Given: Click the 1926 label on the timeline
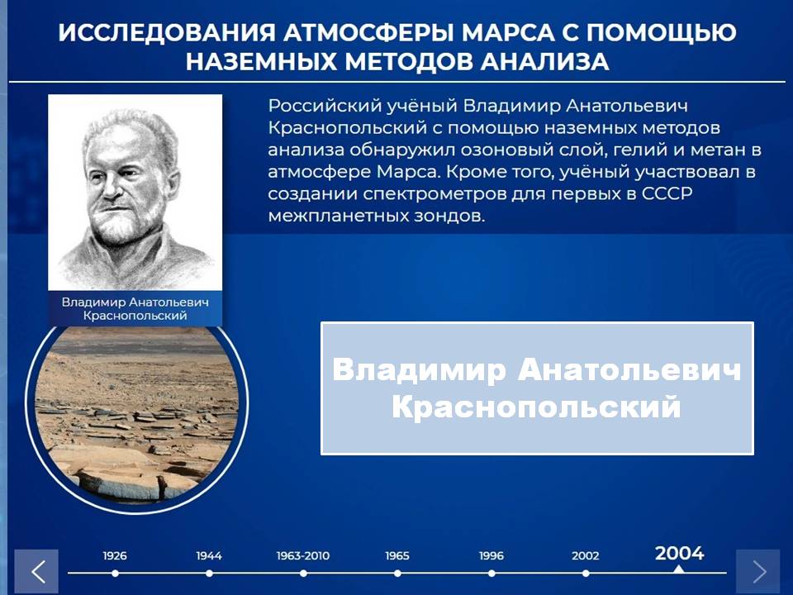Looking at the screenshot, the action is coord(115,555).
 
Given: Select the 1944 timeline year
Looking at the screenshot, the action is coord(209,555).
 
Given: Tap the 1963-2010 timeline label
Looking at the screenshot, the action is coord(303,555).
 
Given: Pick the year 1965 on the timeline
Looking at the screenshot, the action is coord(397,555).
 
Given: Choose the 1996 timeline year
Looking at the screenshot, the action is coord(491,555).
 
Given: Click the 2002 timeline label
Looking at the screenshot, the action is coord(585,555).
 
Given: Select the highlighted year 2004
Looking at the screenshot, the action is coord(679,553).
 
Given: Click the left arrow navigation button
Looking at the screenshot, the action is coord(36,572).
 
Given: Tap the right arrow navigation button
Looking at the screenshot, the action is coord(757,572).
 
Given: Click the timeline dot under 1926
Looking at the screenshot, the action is coord(116,574).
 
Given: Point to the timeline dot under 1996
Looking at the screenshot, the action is coord(491,574).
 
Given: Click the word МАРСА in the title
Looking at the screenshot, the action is coord(515,33).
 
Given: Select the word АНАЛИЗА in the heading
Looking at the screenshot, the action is coord(544,62).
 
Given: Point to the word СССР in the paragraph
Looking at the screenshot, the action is coord(667,193).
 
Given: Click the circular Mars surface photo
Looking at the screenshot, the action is coord(136,415).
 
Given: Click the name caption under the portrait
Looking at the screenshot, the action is coord(135,308).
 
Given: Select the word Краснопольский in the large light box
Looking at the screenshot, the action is coord(537,407).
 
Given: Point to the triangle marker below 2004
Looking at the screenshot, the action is coord(679,569).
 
